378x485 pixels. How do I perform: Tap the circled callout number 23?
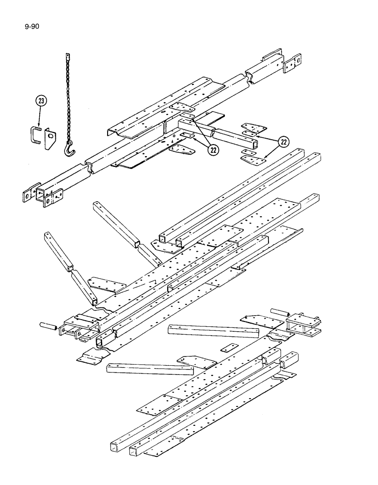click(42, 101)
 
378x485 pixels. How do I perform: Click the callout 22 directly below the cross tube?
click(212, 150)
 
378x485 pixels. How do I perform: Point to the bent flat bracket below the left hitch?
click(90, 358)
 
